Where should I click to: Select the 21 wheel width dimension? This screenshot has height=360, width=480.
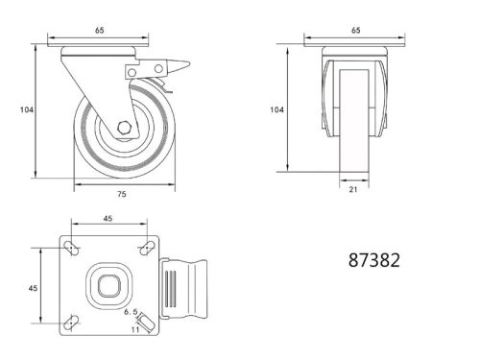(355, 190)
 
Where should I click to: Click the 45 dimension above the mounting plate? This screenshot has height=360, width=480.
(108, 217)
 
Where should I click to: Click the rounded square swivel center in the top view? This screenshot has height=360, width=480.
(108, 285)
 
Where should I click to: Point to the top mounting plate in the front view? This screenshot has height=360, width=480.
(355, 46)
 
